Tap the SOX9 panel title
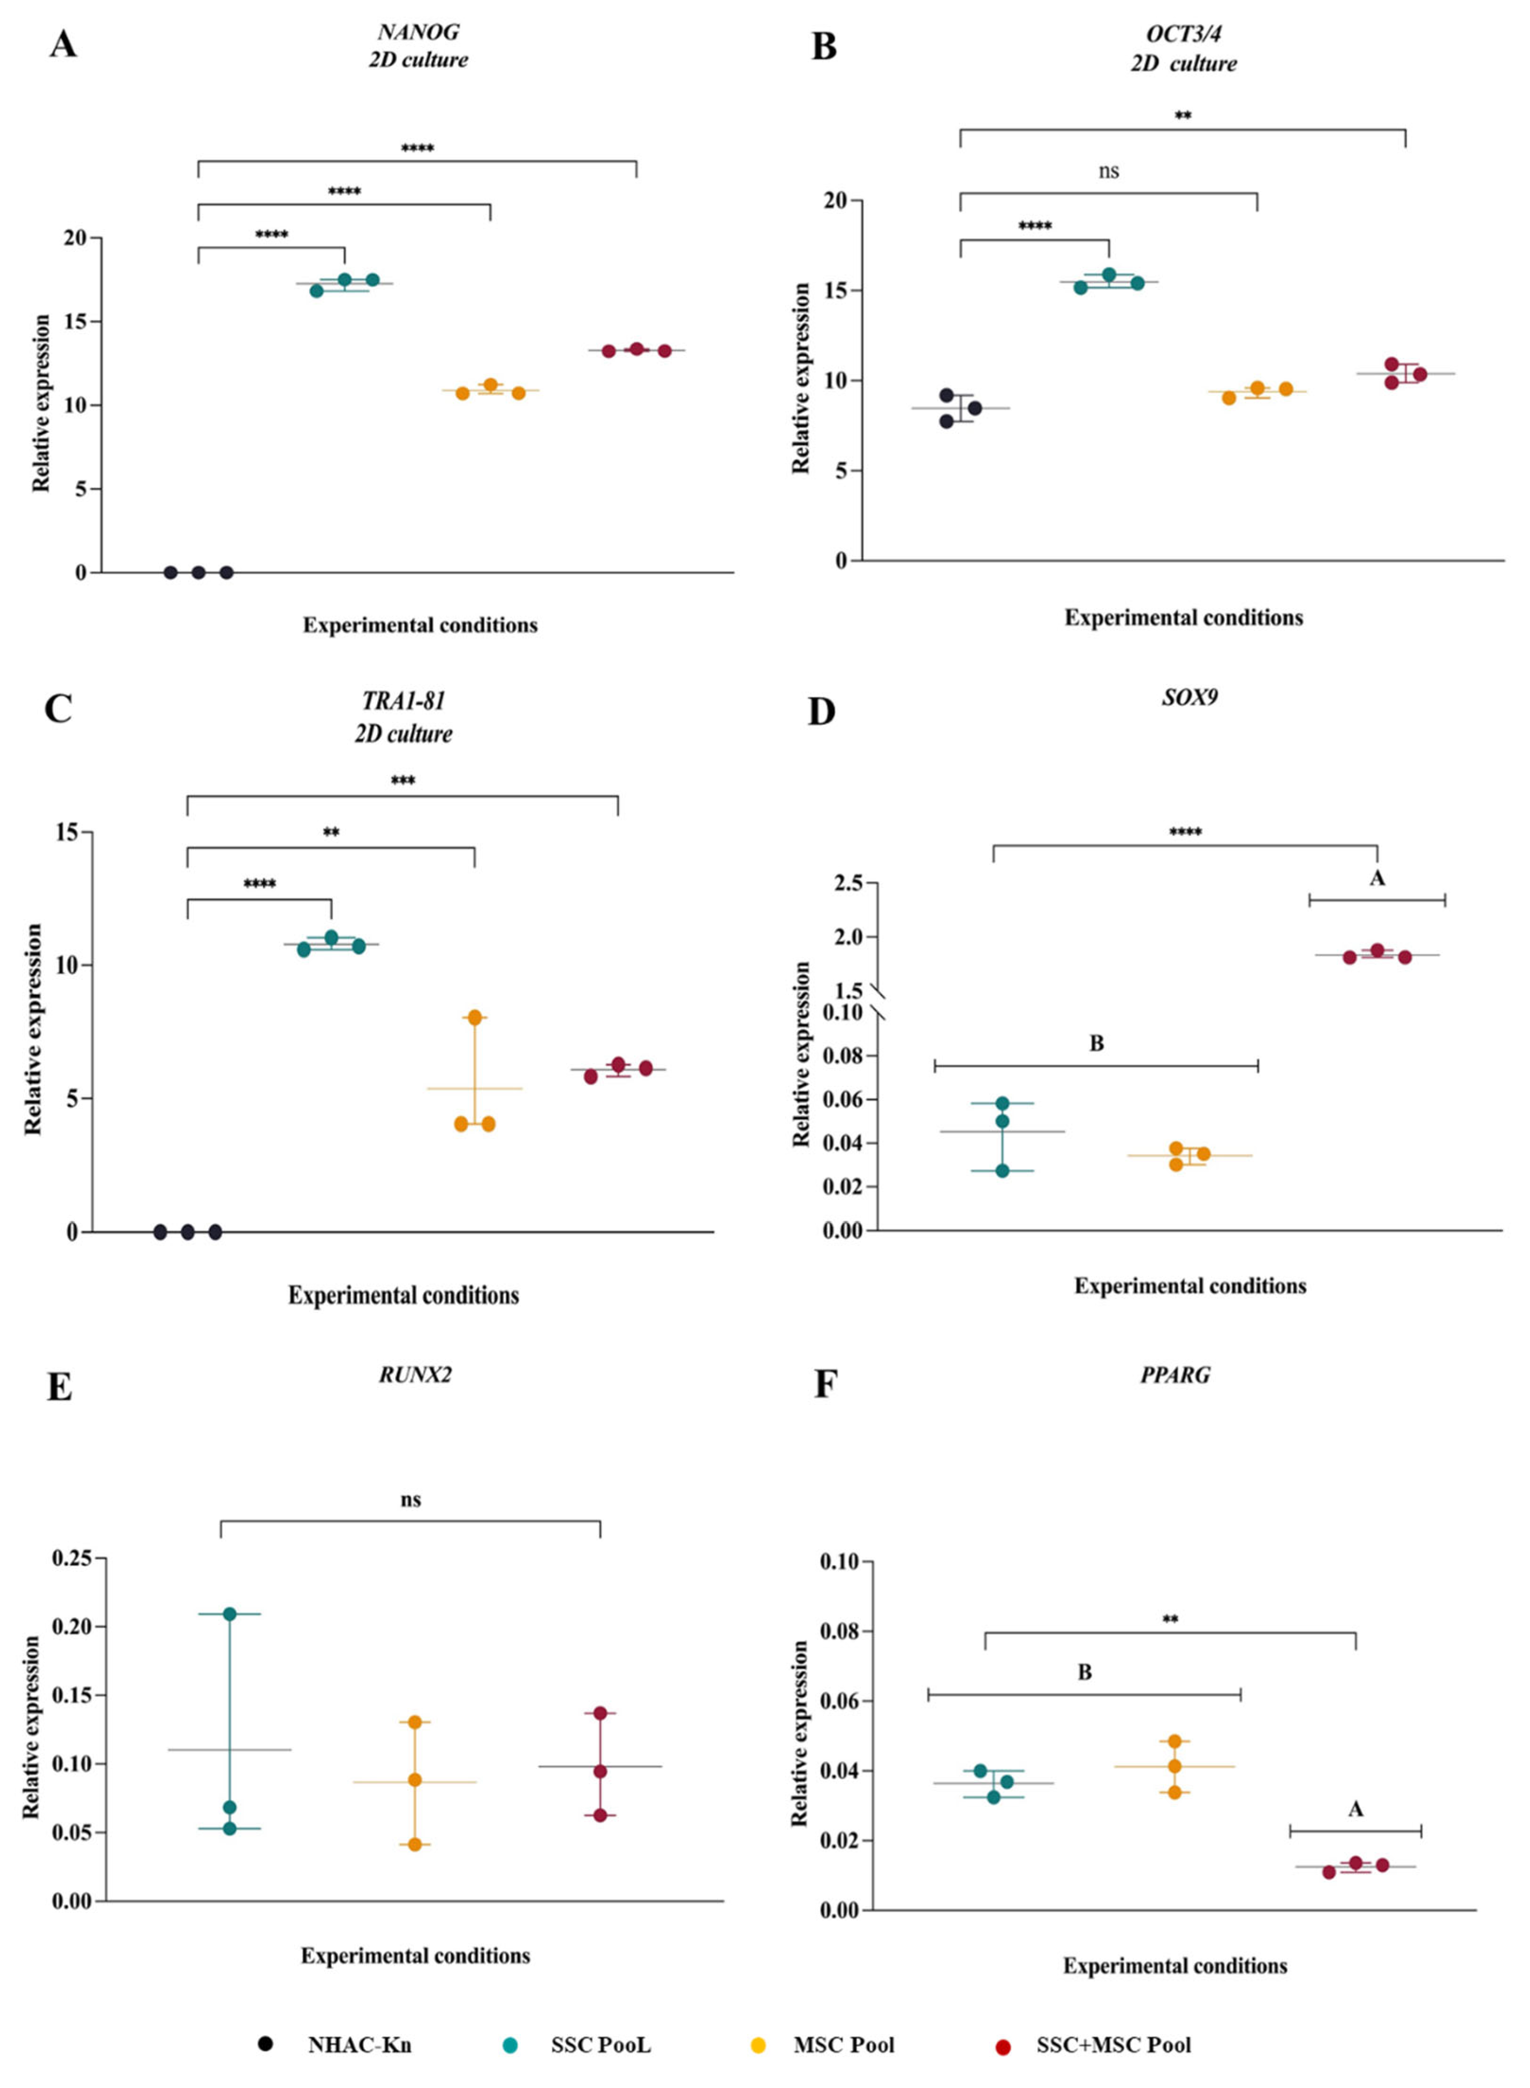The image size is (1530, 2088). click(x=1189, y=696)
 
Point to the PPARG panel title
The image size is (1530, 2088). click(x=1175, y=1374)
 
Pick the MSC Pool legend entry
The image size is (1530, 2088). click(x=843, y=2045)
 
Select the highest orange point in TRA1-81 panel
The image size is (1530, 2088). click(x=474, y=1018)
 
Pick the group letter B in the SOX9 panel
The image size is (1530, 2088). click(x=1096, y=1044)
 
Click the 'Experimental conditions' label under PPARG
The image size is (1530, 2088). click(x=1175, y=1966)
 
